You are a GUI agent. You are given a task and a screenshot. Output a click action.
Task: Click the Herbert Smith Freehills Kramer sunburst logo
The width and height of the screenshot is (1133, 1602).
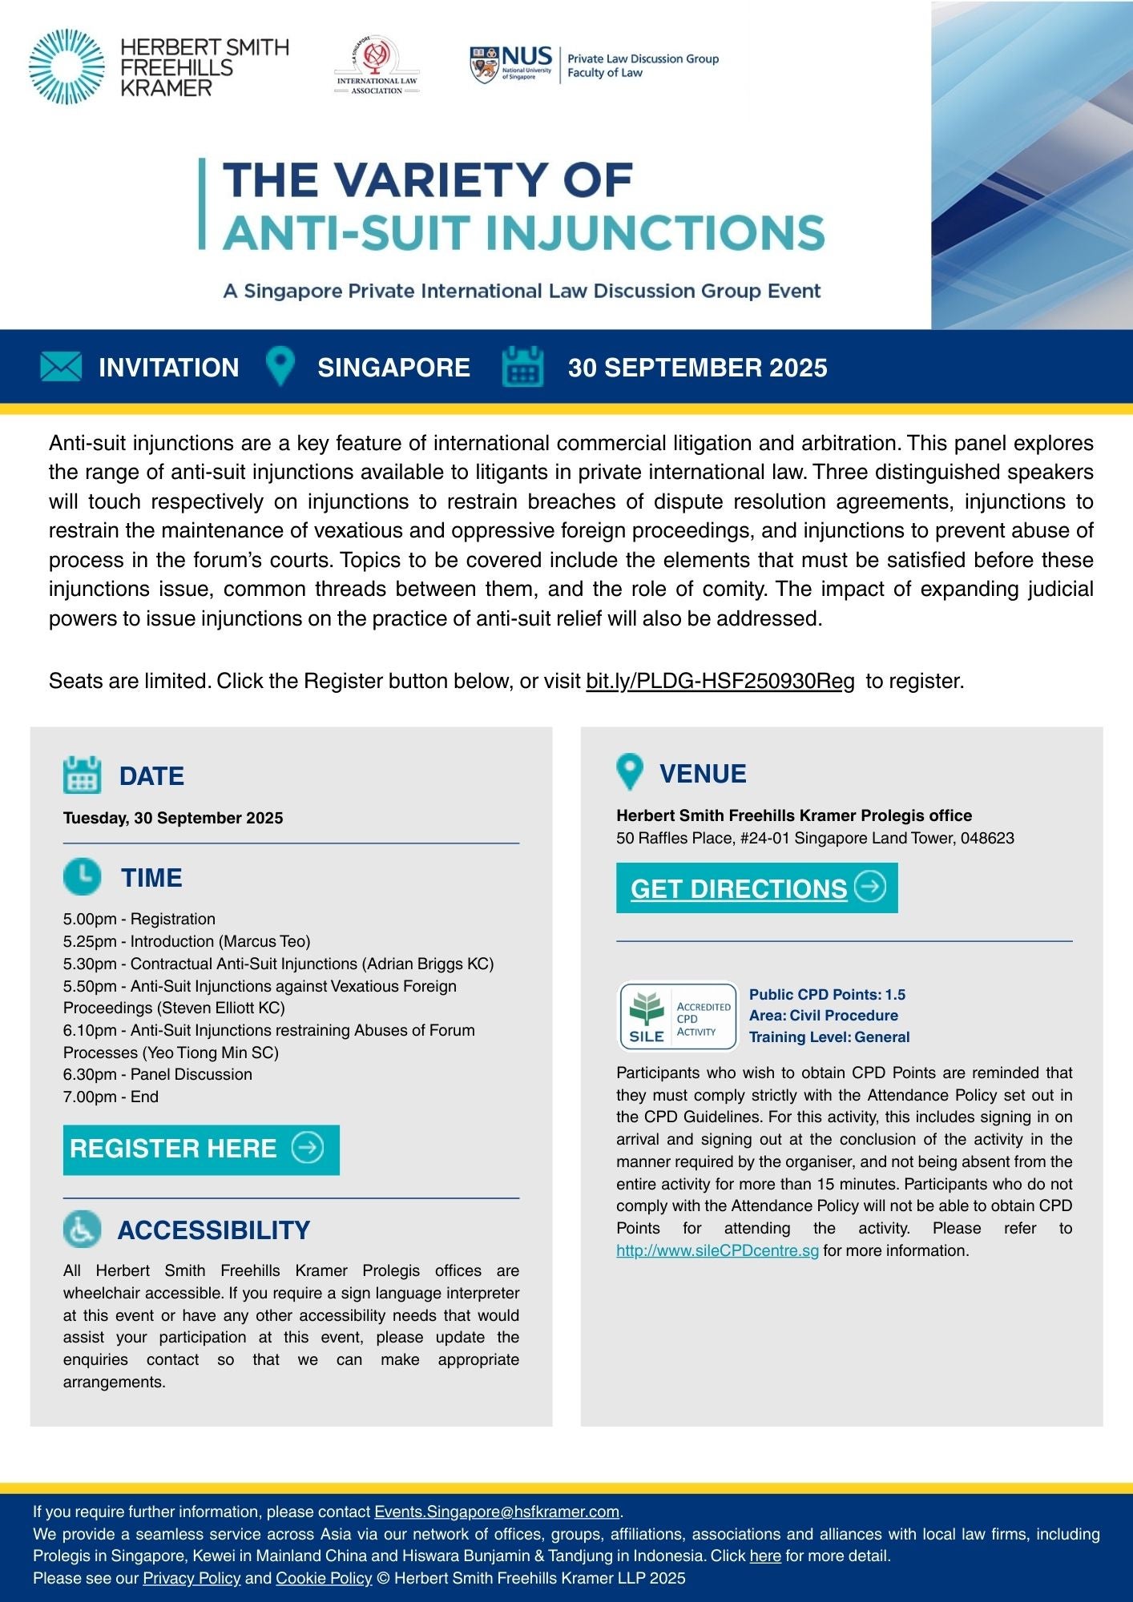[x=67, y=66]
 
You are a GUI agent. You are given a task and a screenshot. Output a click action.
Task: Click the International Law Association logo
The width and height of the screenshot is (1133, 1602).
[x=377, y=65]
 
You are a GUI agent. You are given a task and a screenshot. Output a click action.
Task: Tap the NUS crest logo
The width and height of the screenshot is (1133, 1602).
[x=484, y=65]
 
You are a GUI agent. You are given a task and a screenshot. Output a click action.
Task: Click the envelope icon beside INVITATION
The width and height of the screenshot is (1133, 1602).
[x=61, y=367]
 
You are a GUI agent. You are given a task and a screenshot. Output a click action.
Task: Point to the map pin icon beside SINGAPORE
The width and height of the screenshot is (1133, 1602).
[x=280, y=366]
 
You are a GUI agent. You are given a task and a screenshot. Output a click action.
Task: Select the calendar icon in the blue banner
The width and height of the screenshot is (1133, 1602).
[x=522, y=367]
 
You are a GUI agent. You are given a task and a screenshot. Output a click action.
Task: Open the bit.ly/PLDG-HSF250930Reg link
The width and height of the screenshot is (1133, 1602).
[x=720, y=681]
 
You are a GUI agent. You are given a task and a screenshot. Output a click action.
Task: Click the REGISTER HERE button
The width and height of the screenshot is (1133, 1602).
[x=201, y=1149]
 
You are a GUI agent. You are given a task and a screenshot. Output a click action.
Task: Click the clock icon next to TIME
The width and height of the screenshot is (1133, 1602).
[x=82, y=876]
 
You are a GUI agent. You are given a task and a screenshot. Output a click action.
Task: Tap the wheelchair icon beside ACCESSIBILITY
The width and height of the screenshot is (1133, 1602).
[x=82, y=1230]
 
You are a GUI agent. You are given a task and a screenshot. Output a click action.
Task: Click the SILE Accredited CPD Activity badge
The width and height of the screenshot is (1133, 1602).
[x=678, y=1016]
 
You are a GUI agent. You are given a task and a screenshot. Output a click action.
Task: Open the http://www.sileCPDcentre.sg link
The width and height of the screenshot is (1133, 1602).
[x=717, y=1250]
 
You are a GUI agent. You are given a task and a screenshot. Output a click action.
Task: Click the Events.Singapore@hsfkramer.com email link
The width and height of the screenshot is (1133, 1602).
[x=497, y=1511]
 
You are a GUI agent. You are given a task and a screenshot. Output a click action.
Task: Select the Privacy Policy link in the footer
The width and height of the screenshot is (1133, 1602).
[x=192, y=1578]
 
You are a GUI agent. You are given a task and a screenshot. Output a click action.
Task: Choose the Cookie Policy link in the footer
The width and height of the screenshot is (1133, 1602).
[x=324, y=1578]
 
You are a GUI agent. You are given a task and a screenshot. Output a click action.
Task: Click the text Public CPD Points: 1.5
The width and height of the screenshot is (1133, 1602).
[x=827, y=994]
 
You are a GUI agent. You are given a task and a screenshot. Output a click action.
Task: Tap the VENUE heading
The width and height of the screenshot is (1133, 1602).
[x=702, y=773]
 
